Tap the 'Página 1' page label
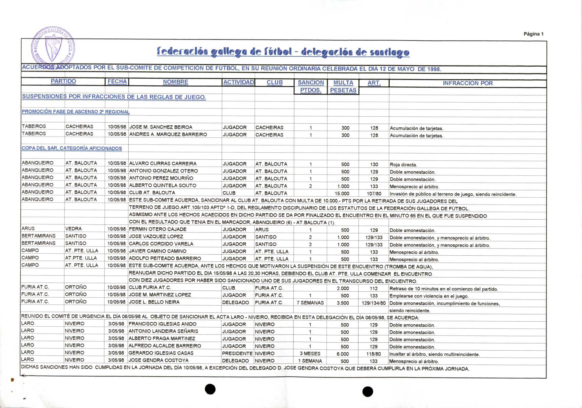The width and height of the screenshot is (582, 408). [533, 34]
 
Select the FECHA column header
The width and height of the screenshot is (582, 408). [117, 82]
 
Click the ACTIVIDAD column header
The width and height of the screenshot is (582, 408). [238, 82]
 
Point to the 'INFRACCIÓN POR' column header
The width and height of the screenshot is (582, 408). [468, 83]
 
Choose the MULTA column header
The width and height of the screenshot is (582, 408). [343, 83]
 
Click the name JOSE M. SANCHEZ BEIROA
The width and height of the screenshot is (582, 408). [161, 127]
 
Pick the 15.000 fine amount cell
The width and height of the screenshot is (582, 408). [342, 194]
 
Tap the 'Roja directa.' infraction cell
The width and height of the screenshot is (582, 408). [403, 165]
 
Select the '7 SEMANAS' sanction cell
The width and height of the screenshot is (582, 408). [310, 303]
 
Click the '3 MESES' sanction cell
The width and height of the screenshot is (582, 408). [310, 353]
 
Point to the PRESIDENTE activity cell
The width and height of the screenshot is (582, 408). [237, 353]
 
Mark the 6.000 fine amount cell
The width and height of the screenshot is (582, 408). [342, 354]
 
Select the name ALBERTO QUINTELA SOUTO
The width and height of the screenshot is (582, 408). [162, 185]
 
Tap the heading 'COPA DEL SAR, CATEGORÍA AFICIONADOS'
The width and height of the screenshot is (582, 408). [72, 148]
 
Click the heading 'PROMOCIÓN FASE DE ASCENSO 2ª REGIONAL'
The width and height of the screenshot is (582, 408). [75, 112]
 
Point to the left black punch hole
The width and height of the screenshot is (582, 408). [210, 389]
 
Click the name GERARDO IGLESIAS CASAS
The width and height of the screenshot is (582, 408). [161, 353]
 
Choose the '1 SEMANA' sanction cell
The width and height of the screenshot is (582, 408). [310, 361]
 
